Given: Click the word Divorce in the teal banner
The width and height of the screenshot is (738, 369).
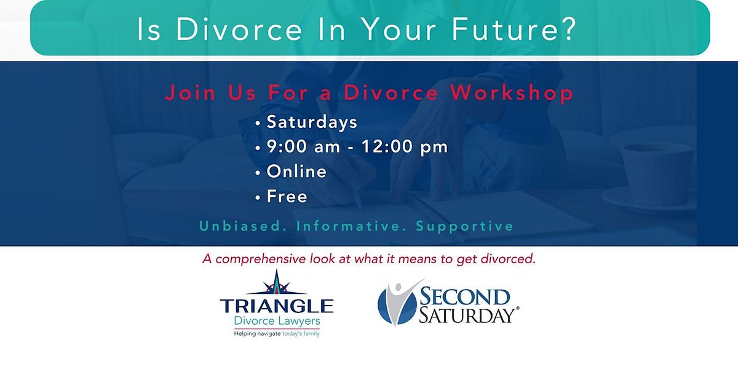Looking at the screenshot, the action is pyautogui.click(x=239, y=30).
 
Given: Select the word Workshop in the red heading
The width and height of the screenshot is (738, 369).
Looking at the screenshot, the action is pyautogui.click(x=512, y=93).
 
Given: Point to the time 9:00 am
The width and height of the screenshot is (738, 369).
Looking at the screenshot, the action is pyautogui.click(x=303, y=146).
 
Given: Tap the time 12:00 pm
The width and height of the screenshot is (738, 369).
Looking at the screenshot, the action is pyautogui.click(x=405, y=147).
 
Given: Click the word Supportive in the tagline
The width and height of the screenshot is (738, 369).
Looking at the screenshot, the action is pyautogui.click(x=464, y=227).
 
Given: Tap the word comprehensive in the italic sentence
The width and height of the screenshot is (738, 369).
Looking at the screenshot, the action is pyautogui.click(x=261, y=260).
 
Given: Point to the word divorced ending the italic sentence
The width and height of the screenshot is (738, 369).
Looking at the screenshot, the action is pyautogui.click(x=508, y=259).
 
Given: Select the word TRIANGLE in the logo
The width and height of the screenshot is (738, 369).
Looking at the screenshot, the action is pyautogui.click(x=277, y=306).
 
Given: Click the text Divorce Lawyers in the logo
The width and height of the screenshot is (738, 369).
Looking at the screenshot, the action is pyautogui.click(x=277, y=321).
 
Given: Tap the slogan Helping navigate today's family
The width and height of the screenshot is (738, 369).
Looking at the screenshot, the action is pyautogui.click(x=277, y=334).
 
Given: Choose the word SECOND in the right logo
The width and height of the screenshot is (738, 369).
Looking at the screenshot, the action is pyautogui.click(x=464, y=296).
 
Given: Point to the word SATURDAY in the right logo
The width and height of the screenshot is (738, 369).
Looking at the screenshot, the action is pyautogui.click(x=468, y=315).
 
